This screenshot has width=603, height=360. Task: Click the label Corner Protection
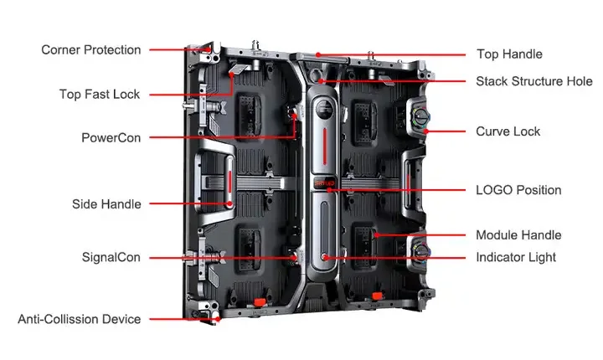[x=91, y=50]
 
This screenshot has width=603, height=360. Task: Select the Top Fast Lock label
[x=100, y=94]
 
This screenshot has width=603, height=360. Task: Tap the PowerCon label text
[x=111, y=137]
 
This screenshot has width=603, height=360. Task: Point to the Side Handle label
[x=106, y=203]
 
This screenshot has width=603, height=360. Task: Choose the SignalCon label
[x=111, y=256]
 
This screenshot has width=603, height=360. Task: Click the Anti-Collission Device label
[x=80, y=319]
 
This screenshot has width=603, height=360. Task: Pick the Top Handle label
[x=509, y=54]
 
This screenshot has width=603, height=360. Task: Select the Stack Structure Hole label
[x=534, y=81]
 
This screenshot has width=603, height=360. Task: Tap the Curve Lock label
[x=508, y=131]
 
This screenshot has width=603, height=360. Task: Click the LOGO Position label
[x=518, y=190]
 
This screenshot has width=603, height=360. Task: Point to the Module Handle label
[x=518, y=235]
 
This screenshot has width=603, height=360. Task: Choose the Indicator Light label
[x=516, y=257]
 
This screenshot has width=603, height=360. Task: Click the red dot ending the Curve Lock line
[x=425, y=131]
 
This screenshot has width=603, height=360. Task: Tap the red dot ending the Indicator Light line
[x=325, y=257]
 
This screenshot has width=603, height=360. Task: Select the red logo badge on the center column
[x=324, y=181]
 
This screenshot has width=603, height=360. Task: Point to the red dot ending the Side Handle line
[x=228, y=203]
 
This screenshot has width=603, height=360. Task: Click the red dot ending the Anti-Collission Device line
[x=216, y=318]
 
